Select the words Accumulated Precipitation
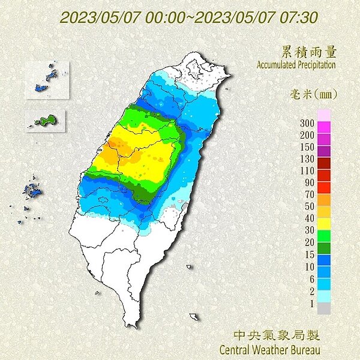pos(296,64)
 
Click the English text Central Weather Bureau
pos(270,348)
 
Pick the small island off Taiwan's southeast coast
pos(193,316)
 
